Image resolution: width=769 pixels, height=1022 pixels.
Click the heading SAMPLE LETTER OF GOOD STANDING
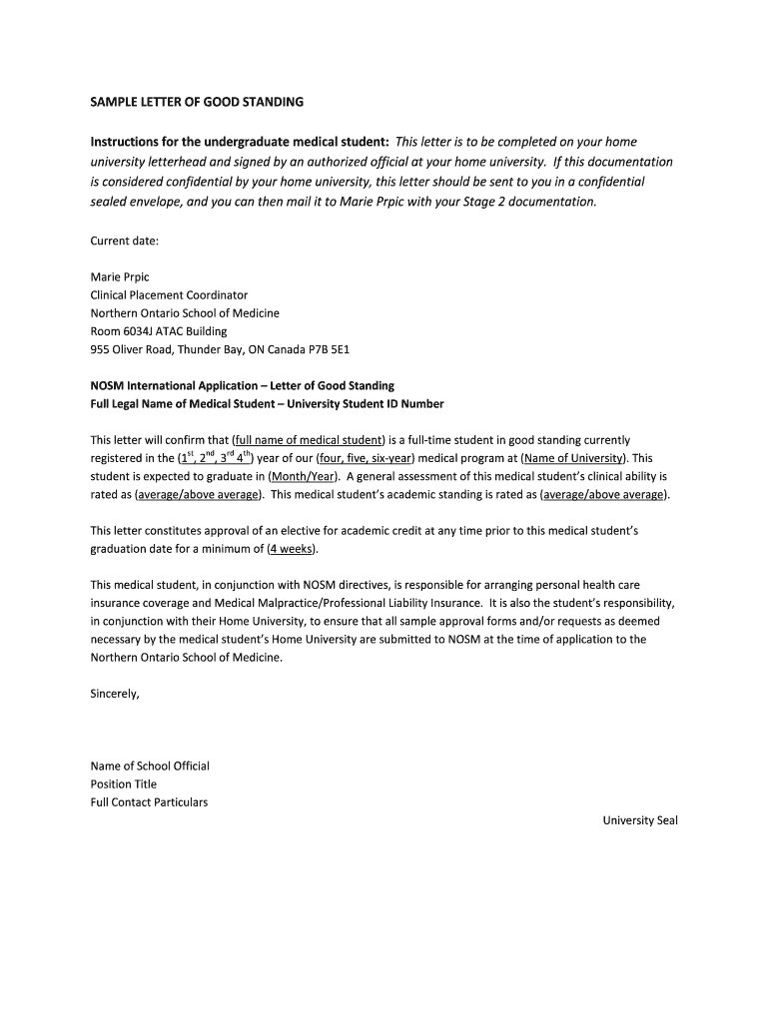point(197,102)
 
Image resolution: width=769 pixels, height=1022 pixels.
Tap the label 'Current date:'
point(125,241)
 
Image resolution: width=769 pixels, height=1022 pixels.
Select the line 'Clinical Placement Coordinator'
point(169,294)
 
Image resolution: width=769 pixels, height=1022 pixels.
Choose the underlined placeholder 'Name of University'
point(573,458)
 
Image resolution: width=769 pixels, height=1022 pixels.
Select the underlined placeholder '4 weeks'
point(292,549)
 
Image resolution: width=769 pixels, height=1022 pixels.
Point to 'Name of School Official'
point(150,766)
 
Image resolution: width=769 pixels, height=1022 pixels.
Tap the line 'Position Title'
point(124,783)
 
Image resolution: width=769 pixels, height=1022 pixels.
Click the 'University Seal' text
point(640,820)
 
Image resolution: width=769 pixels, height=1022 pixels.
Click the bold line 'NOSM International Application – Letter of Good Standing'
point(243,385)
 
